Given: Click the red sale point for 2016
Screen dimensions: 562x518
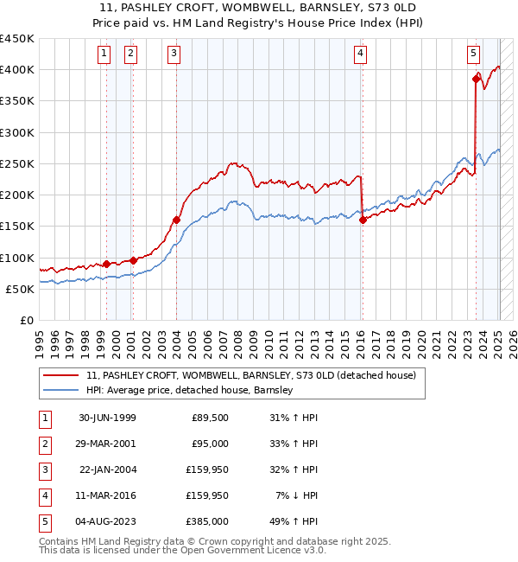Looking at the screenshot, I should point(363,220).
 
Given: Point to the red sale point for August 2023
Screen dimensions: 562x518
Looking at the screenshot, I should point(476,80).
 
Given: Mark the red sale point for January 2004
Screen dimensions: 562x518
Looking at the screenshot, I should point(176,220).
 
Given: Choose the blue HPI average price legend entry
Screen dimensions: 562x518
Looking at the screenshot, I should point(189,390).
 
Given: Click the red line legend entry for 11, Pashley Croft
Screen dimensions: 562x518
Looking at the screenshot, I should point(250,375).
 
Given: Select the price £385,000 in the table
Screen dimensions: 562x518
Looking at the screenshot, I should point(210,522).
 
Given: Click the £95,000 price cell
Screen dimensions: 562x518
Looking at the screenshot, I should point(210,444).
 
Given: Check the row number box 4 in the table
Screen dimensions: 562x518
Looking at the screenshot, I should point(43,496).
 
